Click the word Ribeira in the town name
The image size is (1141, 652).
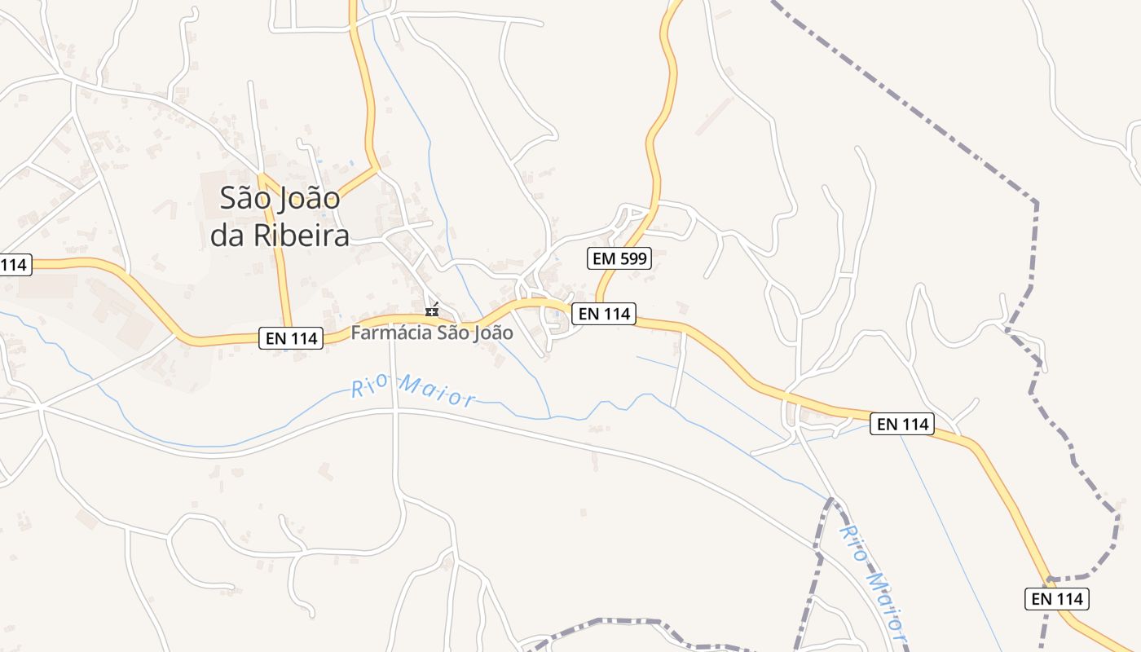[302, 235]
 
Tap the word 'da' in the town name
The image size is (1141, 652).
[229, 235]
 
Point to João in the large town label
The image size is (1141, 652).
[311, 199]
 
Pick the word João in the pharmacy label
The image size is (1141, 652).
[490, 333]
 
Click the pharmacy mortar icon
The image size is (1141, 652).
[432, 311]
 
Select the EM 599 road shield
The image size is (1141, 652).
[619, 259]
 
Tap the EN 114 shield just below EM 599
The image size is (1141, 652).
[603, 313]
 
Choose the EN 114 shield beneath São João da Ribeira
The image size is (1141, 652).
[291, 337]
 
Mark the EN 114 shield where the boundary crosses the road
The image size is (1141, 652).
[1057, 599]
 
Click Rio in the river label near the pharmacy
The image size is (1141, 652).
[367, 387]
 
